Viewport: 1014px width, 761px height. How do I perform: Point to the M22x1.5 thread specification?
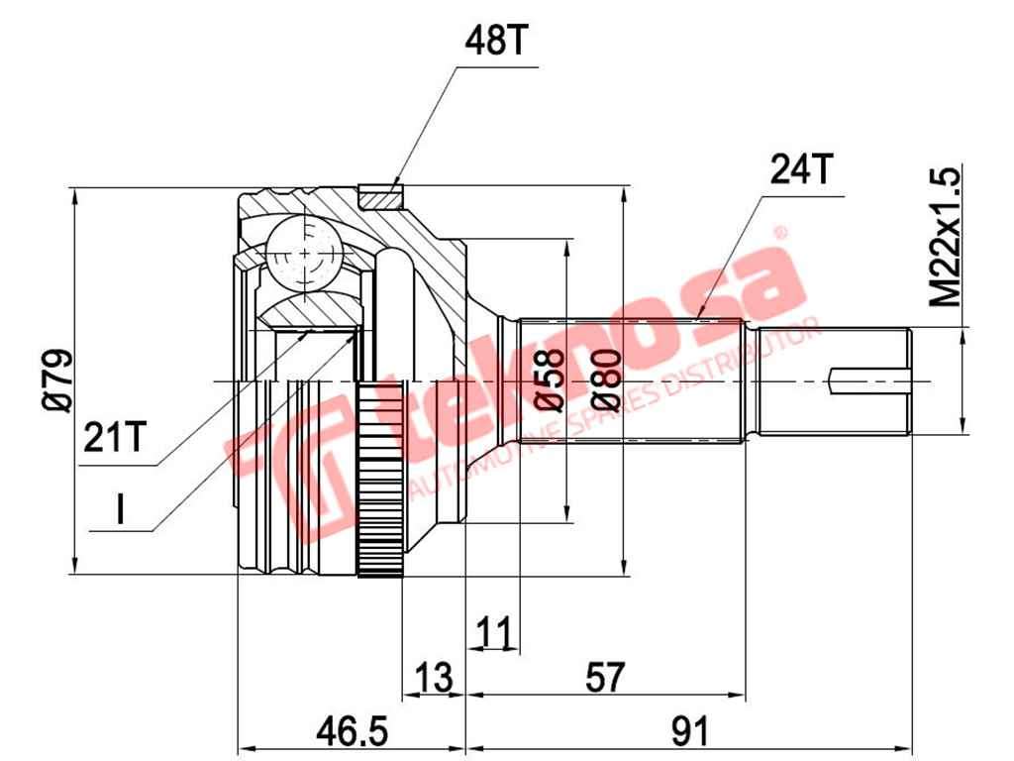(x=945, y=237)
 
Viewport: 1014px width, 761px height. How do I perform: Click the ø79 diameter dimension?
(x=56, y=380)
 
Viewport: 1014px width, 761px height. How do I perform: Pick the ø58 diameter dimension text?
(x=549, y=380)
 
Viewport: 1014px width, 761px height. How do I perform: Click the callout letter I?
(x=120, y=509)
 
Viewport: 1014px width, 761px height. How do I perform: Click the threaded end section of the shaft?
(x=832, y=380)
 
